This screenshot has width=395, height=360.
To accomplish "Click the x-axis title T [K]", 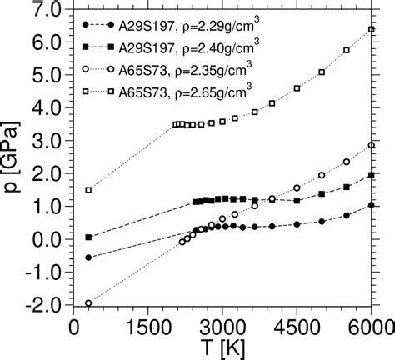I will click(x=222, y=347).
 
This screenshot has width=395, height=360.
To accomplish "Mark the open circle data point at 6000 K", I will click(x=372, y=145).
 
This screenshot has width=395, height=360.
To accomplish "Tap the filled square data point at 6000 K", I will click(x=372, y=175).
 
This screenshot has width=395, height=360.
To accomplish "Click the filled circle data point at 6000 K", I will click(x=372, y=205).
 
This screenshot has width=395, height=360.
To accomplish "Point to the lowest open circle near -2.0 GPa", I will click(x=88, y=303).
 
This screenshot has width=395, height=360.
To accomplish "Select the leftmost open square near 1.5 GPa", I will click(x=88, y=190).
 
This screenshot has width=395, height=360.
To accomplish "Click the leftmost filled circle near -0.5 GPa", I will click(x=88, y=257).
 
